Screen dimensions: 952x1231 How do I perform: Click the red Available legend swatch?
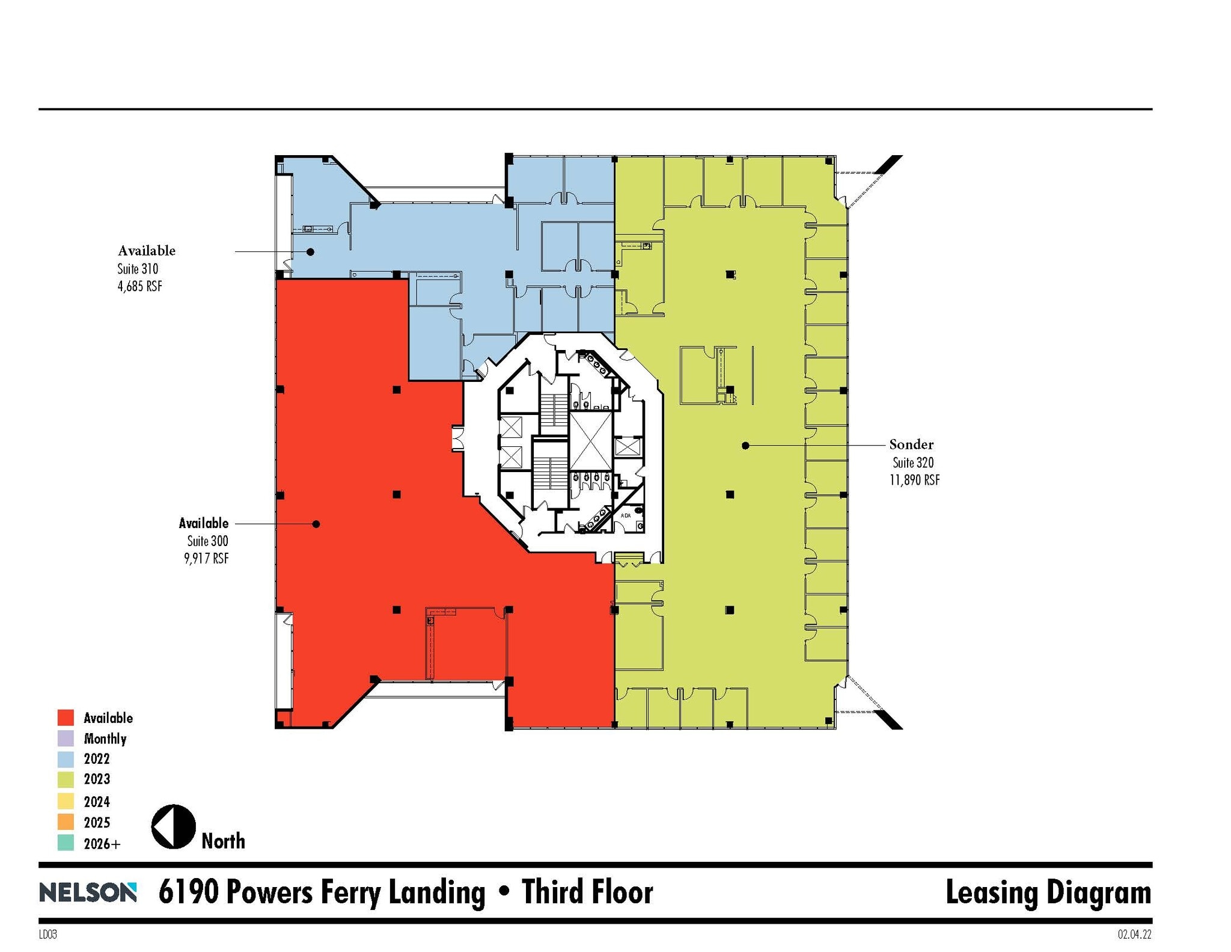(x=66, y=717)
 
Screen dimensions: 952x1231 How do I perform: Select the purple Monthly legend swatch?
(x=66, y=738)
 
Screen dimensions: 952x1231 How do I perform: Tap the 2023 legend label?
(x=97, y=779)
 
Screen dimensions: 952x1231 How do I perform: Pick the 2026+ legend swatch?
(x=66, y=843)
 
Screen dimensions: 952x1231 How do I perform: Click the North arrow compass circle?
(x=173, y=826)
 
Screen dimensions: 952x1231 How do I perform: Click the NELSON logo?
(x=88, y=892)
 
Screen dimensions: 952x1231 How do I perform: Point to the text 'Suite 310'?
(x=138, y=268)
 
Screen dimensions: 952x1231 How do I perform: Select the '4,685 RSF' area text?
(x=139, y=286)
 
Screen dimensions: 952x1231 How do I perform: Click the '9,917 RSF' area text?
(x=206, y=558)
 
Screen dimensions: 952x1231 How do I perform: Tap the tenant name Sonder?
(x=911, y=444)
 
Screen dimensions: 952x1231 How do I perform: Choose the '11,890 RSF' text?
(x=914, y=480)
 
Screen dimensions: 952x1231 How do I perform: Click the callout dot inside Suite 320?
(x=745, y=446)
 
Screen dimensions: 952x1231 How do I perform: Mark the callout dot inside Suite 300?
(x=316, y=524)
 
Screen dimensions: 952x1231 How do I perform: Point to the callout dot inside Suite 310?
(x=310, y=251)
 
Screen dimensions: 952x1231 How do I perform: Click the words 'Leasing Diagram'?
(x=1048, y=892)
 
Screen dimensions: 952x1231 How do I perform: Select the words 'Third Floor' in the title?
(x=587, y=892)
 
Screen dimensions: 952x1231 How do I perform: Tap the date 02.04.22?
(x=1134, y=935)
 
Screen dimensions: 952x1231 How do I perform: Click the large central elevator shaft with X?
(x=590, y=441)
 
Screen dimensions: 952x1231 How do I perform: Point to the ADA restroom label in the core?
(x=626, y=515)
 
